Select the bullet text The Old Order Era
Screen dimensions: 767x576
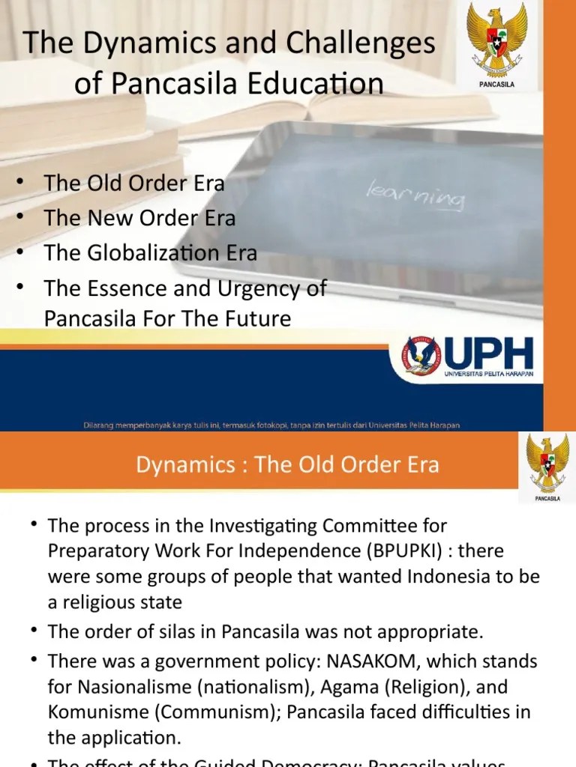click(134, 184)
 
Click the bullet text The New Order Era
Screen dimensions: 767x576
click(139, 218)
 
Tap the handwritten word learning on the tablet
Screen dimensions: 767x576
click(415, 193)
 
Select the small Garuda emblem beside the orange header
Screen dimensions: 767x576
click(547, 464)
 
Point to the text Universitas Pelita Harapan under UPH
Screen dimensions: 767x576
click(488, 374)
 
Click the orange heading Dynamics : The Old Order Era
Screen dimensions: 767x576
click(287, 464)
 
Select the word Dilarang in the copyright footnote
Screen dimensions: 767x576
click(101, 425)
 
